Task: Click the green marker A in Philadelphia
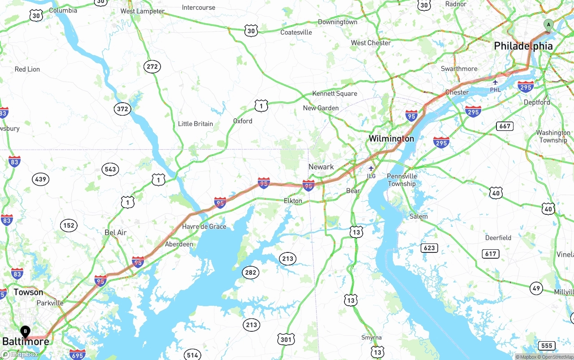point(548,25)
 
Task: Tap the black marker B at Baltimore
point(26,332)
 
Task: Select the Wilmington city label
point(391,139)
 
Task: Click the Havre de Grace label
point(204,226)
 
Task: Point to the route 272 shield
point(152,67)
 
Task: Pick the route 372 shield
point(122,109)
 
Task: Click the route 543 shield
point(110,169)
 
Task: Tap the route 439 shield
point(40,179)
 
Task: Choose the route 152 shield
point(69,226)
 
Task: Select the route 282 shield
point(250,272)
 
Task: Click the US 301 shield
point(286,339)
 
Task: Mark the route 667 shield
point(505,126)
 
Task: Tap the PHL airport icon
point(495,82)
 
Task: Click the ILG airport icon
point(371,169)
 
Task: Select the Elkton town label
point(293,201)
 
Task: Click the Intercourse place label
point(198,8)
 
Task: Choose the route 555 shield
point(546,346)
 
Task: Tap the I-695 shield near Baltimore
point(78,354)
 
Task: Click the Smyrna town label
point(371,338)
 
